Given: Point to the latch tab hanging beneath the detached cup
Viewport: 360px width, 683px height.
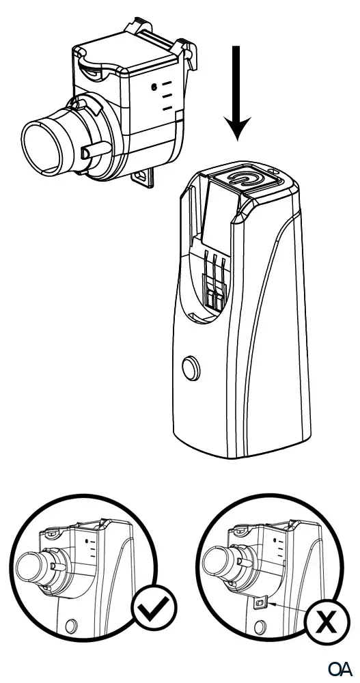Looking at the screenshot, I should [x=141, y=177].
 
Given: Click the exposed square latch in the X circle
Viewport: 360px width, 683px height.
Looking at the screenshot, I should [x=260, y=604].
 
